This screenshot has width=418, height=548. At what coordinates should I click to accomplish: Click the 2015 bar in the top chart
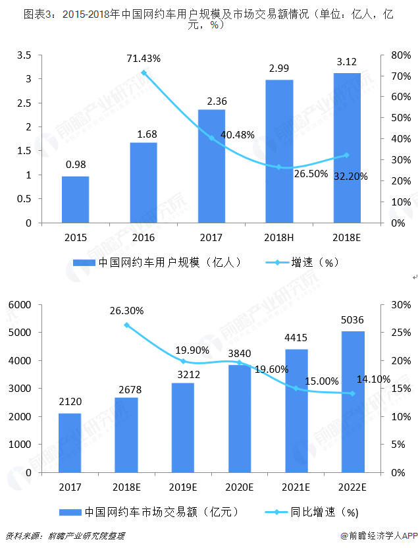[76, 200]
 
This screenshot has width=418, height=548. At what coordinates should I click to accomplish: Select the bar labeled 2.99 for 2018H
[279, 151]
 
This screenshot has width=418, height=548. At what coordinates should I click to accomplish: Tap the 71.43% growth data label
[144, 59]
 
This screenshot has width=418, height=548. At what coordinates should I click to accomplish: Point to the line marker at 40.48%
[211, 138]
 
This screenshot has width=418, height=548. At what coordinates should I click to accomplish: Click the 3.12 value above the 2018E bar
[346, 62]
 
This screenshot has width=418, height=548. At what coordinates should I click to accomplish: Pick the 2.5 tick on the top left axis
[24, 103]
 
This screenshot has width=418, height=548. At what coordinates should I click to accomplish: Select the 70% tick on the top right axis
[401, 76]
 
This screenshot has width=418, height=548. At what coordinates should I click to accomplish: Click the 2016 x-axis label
[144, 238]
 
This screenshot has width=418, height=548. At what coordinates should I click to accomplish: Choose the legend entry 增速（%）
[302, 262]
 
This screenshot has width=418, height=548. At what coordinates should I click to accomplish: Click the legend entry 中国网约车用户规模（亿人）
[157, 262]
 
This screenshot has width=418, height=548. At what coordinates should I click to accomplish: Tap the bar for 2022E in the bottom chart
[353, 402]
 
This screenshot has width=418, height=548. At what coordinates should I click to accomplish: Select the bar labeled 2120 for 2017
[70, 443]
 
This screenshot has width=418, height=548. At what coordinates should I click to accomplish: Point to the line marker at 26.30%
[127, 325]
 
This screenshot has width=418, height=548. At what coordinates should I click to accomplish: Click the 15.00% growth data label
[322, 381]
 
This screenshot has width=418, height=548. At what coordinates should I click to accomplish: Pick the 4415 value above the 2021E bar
[296, 338]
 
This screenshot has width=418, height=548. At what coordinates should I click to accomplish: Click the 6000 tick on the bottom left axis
[20, 305]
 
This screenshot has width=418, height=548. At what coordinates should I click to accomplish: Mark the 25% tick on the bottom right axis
[401, 333]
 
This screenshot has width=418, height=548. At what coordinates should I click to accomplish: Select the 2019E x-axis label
[183, 487]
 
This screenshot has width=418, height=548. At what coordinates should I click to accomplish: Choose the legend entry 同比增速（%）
[312, 512]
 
